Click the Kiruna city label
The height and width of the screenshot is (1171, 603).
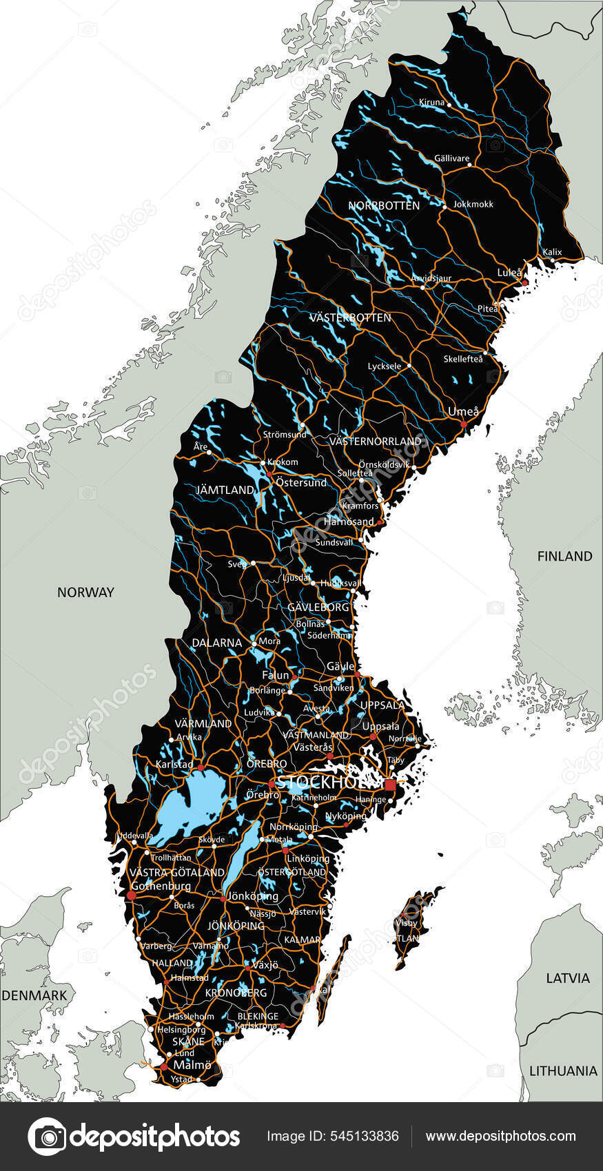(432, 102)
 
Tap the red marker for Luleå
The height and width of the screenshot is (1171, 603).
(524, 282)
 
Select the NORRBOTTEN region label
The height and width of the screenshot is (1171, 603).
(383, 206)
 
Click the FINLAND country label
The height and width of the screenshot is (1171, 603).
(564, 556)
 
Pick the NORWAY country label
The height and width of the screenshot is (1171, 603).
(85, 592)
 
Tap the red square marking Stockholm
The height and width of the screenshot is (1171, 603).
(391, 785)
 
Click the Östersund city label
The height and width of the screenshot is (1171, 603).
(301, 483)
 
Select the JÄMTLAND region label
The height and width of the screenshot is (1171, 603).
(225, 490)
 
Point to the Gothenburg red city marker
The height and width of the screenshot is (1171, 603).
(131, 895)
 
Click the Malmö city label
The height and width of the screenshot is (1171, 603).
(192, 1065)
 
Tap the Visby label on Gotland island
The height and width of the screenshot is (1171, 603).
(406, 923)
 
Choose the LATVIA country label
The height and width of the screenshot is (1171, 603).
(568, 978)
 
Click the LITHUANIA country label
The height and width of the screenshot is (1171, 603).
(563, 1071)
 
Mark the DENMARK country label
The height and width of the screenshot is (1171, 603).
(34, 995)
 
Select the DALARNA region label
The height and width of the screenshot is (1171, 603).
(216, 643)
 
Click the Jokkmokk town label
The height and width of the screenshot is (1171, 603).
(473, 204)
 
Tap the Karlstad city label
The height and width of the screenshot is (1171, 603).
(174, 765)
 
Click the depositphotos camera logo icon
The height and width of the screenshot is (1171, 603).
(46, 1137)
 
